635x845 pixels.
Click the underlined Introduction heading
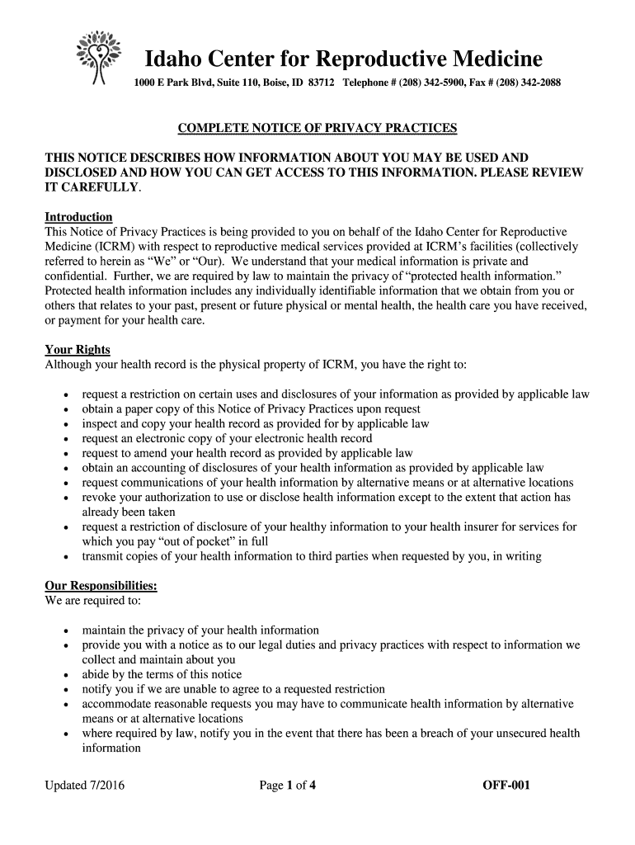(x=78, y=217)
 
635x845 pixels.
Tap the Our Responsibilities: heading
(x=101, y=586)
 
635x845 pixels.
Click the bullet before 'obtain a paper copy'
(x=65, y=409)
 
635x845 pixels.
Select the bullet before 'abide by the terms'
(x=65, y=675)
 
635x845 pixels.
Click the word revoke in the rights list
(x=98, y=498)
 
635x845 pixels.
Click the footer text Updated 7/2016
(x=84, y=786)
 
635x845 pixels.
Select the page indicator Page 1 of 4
(x=288, y=786)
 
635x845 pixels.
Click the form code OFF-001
(x=506, y=786)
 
